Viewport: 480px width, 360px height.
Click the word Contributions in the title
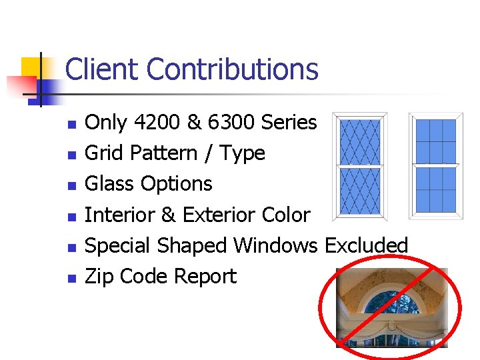click(232, 69)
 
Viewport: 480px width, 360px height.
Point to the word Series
click(289, 123)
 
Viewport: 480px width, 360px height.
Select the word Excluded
click(366, 245)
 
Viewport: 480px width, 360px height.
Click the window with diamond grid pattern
click(360, 166)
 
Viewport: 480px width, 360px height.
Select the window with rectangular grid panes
click(435, 166)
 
